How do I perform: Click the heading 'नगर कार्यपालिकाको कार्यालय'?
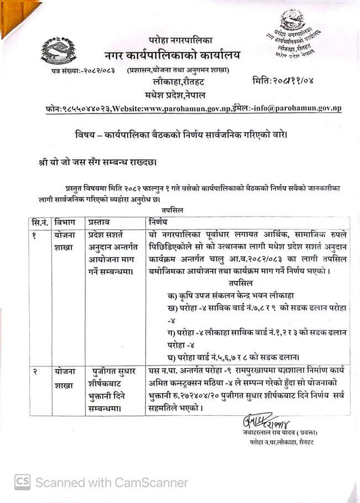click(x=172, y=55)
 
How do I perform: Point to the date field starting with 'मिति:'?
click(x=283, y=81)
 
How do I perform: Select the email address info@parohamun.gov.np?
click(x=299, y=109)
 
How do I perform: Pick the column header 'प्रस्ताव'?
click(x=100, y=222)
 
